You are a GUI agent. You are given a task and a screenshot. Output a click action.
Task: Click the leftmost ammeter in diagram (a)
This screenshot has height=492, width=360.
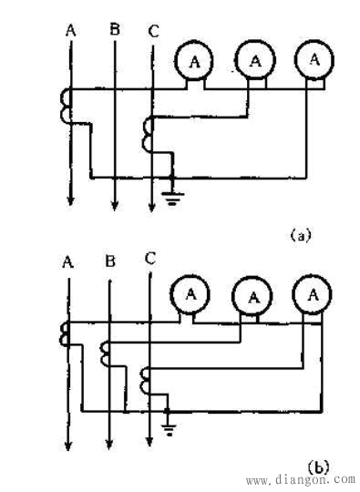(x=193, y=60)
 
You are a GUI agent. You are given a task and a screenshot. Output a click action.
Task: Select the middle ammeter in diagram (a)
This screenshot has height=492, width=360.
(x=254, y=60)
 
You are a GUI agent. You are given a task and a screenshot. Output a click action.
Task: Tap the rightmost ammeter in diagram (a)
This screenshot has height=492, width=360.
(x=314, y=58)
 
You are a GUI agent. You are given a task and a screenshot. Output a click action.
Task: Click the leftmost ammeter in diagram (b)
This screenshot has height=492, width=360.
(x=191, y=293)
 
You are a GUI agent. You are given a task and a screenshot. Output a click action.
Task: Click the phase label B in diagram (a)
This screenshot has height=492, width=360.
(x=115, y=31)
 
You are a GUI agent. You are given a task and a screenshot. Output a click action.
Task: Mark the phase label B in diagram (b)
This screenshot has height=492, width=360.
(x=109, y=262)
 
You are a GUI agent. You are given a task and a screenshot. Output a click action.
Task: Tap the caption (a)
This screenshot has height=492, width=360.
(x=300, y=235)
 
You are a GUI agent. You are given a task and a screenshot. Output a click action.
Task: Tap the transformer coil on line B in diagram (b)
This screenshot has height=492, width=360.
(x=106, y=351)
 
